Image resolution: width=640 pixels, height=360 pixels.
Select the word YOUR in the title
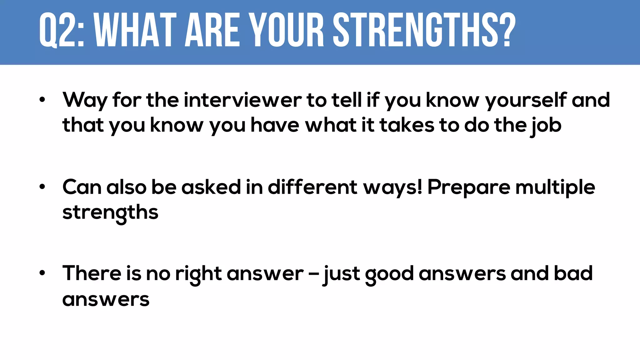[287, 30]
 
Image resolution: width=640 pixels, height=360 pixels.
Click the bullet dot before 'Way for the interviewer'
[42, 100]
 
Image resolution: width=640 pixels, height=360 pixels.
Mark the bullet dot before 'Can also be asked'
[42, 187]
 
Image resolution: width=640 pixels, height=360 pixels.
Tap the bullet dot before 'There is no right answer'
[42, 273]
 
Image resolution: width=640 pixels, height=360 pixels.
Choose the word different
[312, 187]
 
